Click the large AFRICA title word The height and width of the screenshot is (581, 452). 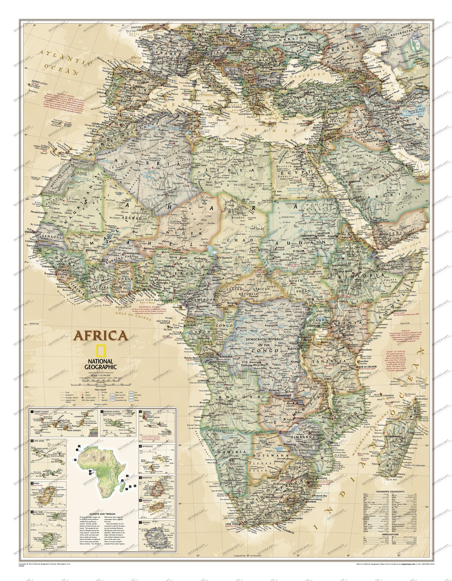tap(101, 336)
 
